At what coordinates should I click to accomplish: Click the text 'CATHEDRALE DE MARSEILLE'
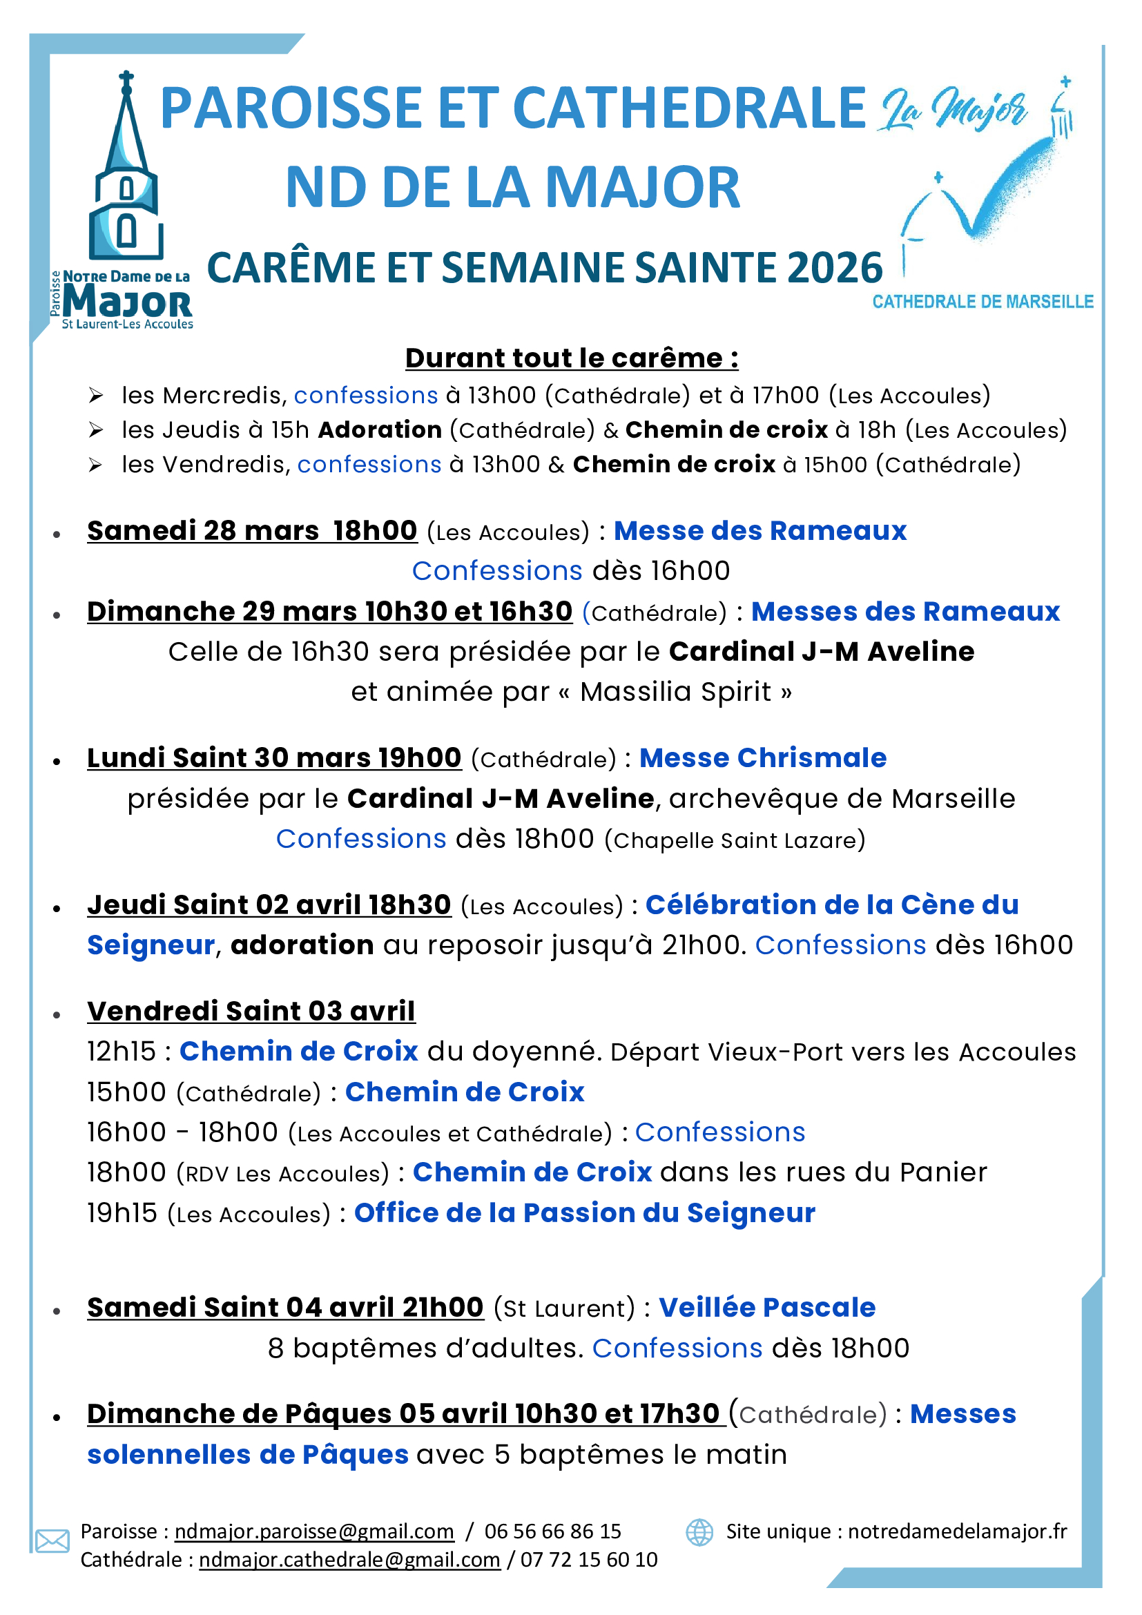click(x=983, y=302)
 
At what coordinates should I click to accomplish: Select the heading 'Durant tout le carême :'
click(x=571, y=358)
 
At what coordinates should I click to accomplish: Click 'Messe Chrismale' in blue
click(x=762, y=758)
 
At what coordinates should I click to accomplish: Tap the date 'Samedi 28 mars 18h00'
click(x=252, y=531)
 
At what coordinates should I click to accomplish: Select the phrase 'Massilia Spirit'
click(x=676, y=692)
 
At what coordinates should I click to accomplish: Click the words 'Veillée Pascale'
click(x=766, y=1308)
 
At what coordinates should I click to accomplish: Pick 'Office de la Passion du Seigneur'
click(x=584, y=1213)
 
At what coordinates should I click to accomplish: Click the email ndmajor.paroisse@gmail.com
click(x=313, y=1531)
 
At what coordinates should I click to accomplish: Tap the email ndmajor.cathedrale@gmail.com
click(x=349, y=1560)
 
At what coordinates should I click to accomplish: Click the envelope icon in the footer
click(x=52, y=1541)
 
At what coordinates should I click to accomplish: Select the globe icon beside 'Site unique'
click(x=699, y=1532)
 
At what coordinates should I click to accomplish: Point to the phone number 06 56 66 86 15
click(x=553, y=1531)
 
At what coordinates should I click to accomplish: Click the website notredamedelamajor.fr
click(x=957, y=1531)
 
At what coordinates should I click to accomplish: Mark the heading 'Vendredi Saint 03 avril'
click(x=251, y=1012)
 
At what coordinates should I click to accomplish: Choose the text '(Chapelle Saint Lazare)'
click(x=734, y=840)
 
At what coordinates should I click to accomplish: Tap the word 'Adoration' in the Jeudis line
click(x=380, y=429)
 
